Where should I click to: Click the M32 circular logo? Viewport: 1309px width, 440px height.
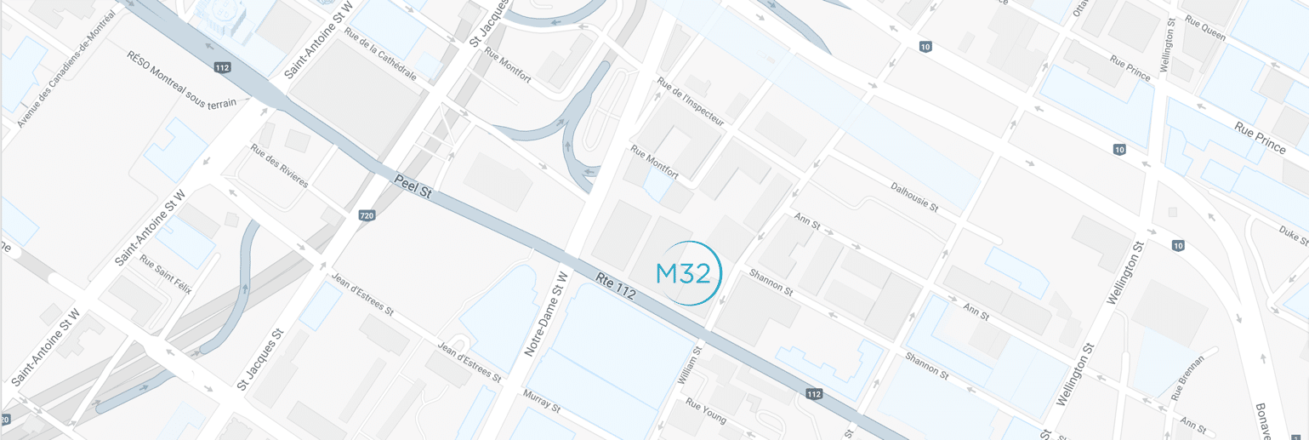pos(688,274)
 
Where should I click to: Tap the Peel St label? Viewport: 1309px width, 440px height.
pos(413,187)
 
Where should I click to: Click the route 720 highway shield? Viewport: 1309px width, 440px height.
pos(367,215)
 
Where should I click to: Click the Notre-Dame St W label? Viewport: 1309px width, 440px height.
pos(545,313)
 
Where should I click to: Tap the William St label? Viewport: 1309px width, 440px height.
pos(689,363)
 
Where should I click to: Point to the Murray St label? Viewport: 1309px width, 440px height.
pos(542,402)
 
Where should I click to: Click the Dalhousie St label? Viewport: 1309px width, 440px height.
pos(913,196)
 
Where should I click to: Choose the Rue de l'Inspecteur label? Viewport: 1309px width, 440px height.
pos(690,102)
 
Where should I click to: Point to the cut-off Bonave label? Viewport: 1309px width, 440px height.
pos(1264,422)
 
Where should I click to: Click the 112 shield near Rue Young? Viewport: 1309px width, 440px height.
pos(814,393)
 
